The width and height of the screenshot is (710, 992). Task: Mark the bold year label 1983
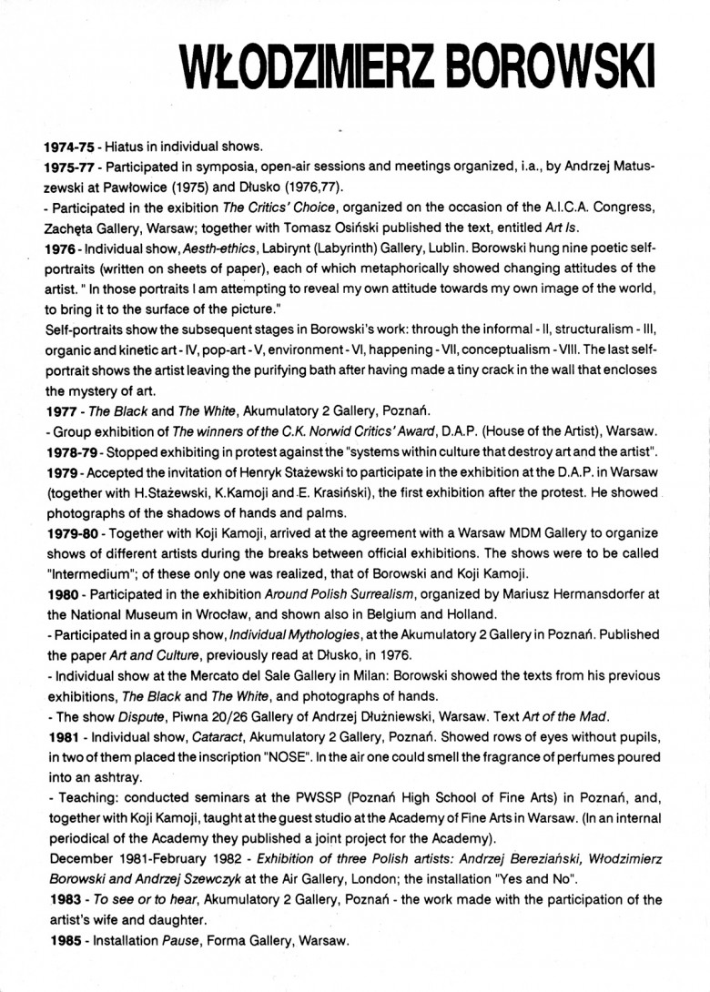click(x=60, y=901)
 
